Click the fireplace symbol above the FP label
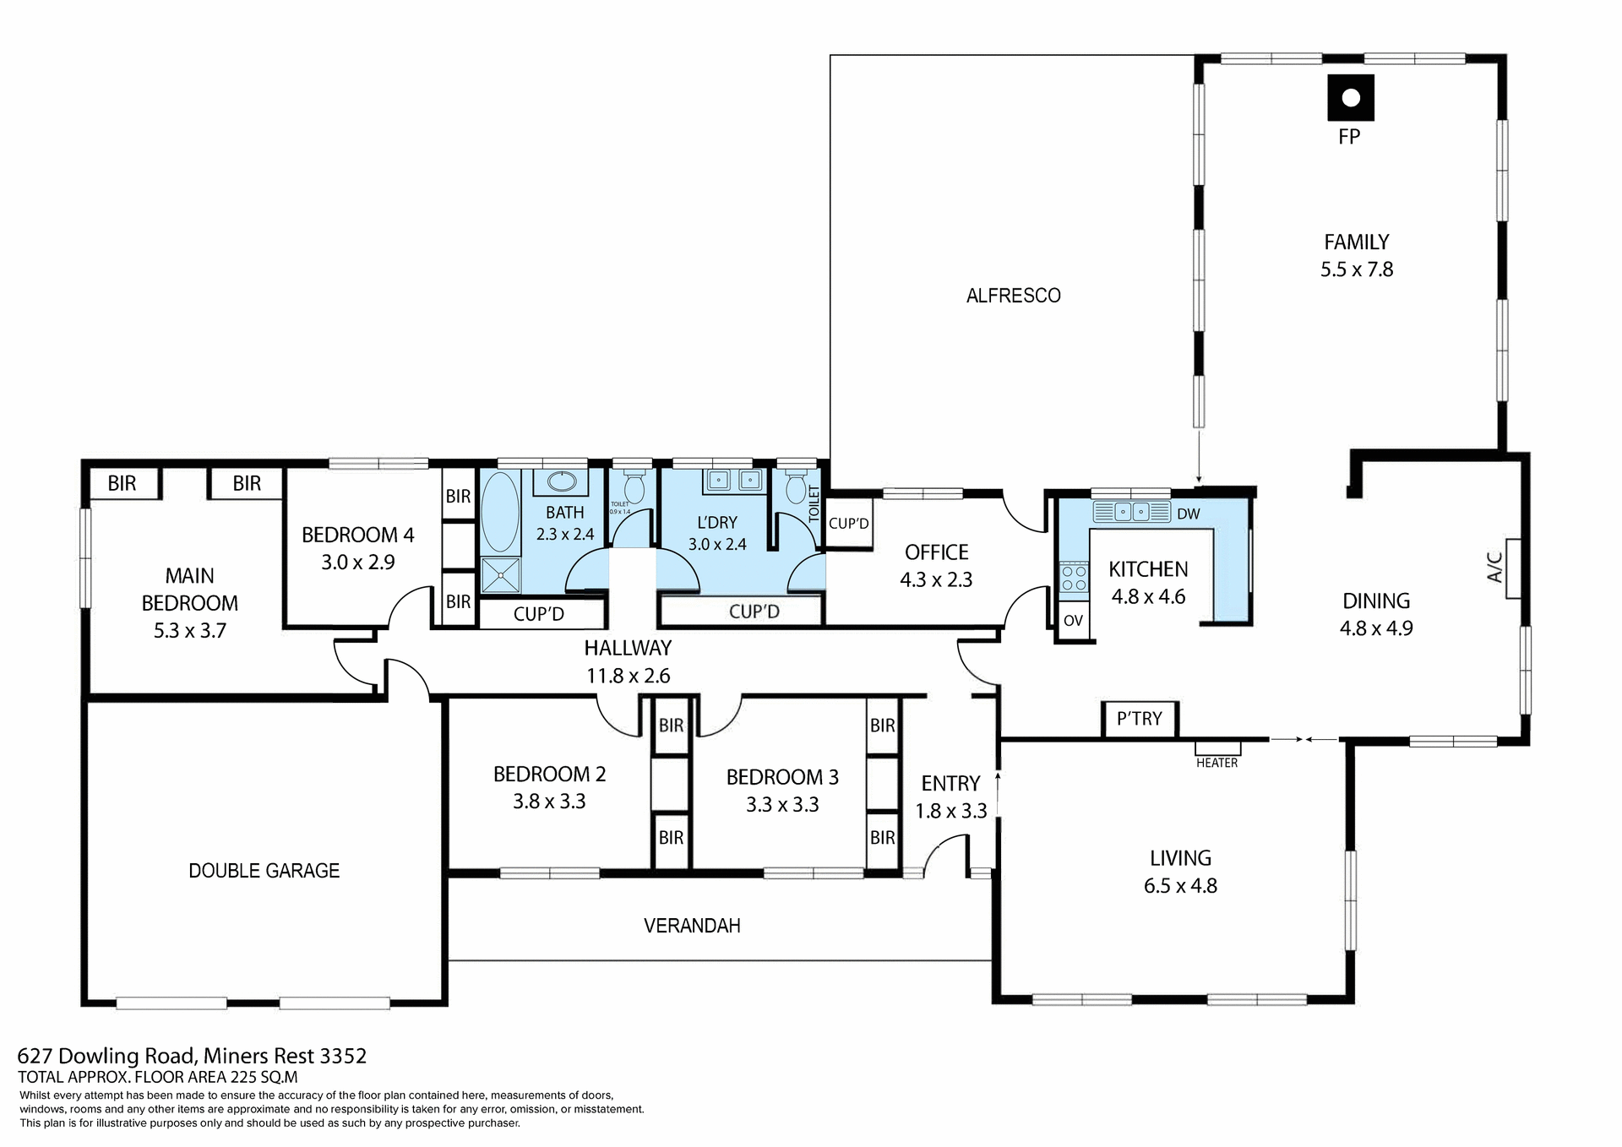coord(1350,98)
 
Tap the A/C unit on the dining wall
coord(1513,568)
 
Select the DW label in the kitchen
coord(1188,514)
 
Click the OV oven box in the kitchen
coord(1073,621)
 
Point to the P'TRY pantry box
coord(1140,719)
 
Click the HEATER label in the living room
coord(1216,763)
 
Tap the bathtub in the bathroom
coord(500,512)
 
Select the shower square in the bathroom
coord(501,575)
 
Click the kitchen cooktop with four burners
coord(1074,579)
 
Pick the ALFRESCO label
coord(1013,296)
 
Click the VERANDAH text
coord(692,926)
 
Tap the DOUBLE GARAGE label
coord(264,871)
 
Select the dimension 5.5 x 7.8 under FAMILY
coord(1357,269)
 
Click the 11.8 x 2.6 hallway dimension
coord(628,676)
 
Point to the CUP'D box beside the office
coord(848,524)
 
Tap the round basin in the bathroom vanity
coord(561,482)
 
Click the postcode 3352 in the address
coord(343,1056)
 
